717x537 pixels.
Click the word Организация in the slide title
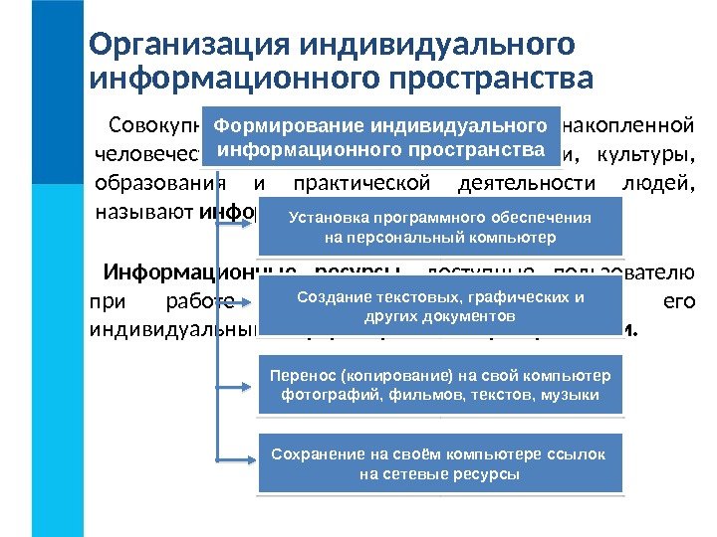tap(189, 45)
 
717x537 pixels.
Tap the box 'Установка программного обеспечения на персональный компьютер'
tap(440, 228)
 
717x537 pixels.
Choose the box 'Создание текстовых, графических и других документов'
tap(440, 306)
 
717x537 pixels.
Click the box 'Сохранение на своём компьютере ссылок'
tap(440, 463)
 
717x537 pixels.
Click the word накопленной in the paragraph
tap(628, 127)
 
